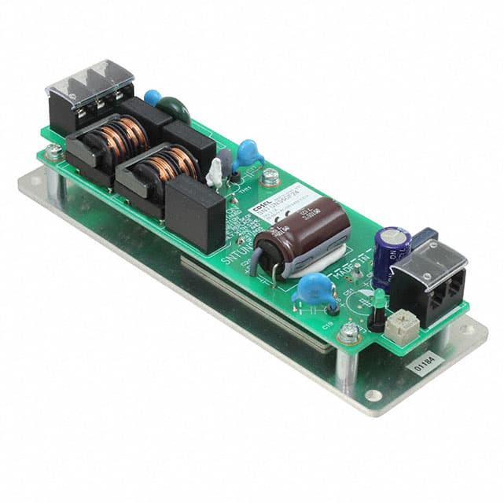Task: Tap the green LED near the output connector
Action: point(377,296)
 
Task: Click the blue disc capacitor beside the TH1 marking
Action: point(248,153)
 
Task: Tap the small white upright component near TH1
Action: point(214,174)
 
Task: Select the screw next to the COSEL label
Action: point(269,178)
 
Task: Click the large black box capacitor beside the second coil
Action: point(196,212)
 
